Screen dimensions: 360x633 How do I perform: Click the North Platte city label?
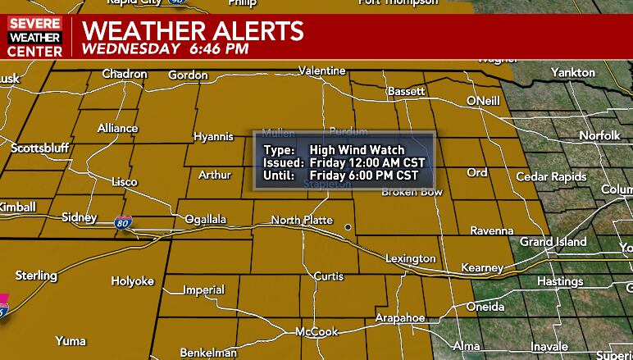tap(302, 220)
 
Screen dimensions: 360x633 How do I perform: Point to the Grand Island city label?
tap(553, 242)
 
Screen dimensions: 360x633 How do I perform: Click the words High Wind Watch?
tap(357, 150)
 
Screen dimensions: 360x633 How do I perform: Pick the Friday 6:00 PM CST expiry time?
tap(364, 175)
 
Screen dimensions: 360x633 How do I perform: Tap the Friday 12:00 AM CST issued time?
tap(367, 162)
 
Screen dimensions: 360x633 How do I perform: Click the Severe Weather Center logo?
tap(34, 38)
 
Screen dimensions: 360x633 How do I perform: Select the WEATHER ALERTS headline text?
tap(194, 31)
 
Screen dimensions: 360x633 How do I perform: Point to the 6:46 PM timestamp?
tap(219, 48)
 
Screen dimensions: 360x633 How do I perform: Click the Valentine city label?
tap(322, 71)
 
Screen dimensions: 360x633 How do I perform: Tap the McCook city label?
tap(317, 332)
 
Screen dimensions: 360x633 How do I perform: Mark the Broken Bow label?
tap(412, 192)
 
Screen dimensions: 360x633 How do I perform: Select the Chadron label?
tap(125, 75)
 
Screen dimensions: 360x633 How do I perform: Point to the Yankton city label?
tap(573, 73)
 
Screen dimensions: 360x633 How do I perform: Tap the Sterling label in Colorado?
tap(36, 276)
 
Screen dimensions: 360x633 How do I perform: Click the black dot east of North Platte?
tap(348, 227)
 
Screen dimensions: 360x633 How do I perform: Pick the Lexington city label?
tap(411, 259)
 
